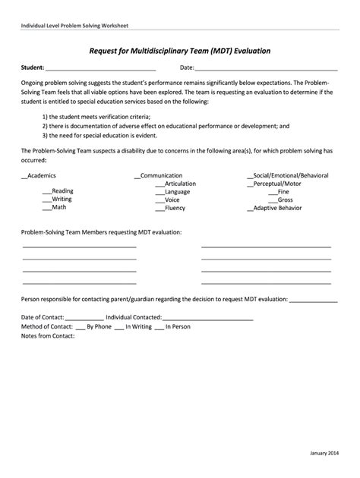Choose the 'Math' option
(x=55, y=207)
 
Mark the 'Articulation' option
(x=175, y=183)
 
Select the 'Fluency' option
(x=171, y=207)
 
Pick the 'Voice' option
(x=169, y=200)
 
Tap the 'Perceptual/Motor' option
(x=274, y=183)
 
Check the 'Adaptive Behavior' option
(x=279, y=207)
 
